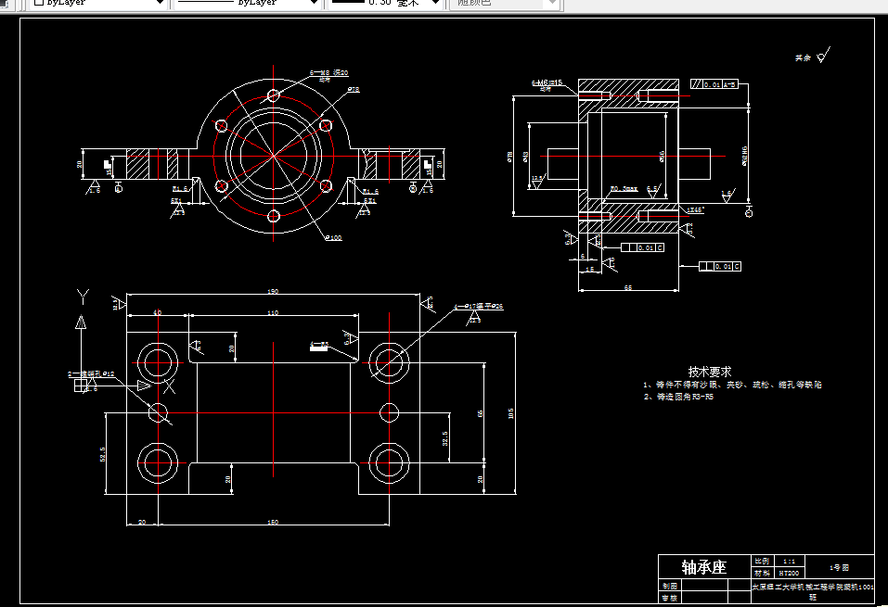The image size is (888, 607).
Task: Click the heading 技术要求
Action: click(x=710, y=371)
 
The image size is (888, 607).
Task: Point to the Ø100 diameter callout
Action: click(x=333, y=238)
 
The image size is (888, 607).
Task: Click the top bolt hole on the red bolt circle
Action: click(x=273, y=95)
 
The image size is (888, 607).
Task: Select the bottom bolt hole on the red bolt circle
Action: click(x=273, y=216)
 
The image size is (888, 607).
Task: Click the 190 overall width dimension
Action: click(x=273, y=292)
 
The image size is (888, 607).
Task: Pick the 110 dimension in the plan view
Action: click(x=273, y=314)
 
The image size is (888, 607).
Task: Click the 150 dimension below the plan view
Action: click(x=273, y=523)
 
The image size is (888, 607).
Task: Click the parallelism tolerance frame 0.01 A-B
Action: click(x=714, y=85)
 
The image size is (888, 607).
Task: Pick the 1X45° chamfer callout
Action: click(x=695, y=210)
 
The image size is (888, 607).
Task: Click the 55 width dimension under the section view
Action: click(x=628, y=289)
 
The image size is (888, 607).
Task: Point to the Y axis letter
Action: click(x=83, y=296)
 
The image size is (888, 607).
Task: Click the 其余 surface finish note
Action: click(x=804, y=57)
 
